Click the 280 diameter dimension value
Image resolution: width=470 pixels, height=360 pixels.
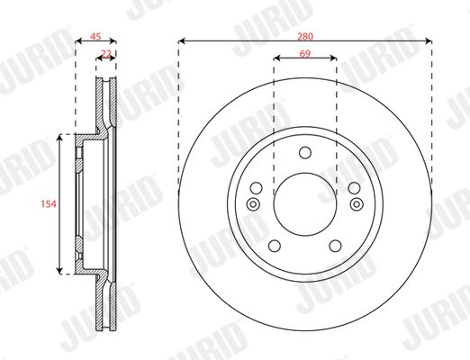coord(305,37)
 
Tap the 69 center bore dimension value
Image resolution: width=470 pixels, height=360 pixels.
coord(305,54)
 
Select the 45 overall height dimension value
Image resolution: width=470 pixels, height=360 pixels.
coord(95,37)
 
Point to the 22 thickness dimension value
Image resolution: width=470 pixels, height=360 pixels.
coord(106,54)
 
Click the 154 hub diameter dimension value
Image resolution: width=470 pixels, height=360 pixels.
coord(49,204)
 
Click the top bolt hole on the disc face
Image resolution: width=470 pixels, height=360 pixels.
coord(305,152)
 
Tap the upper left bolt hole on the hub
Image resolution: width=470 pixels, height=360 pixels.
coord(256,188)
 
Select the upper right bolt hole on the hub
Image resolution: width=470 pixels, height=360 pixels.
coord(354,188)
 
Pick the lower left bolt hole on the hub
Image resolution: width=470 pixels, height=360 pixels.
coord(275,246)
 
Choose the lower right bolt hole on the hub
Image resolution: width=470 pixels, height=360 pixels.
coord(335,246)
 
